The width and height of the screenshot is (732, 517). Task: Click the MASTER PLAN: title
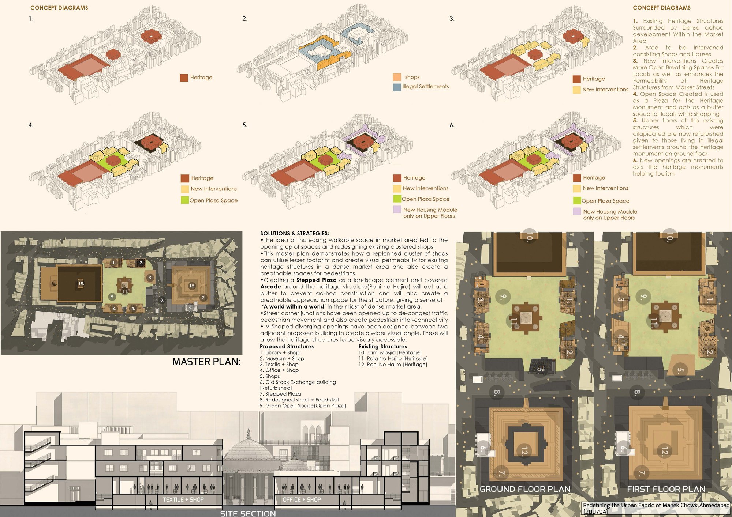(206, 362)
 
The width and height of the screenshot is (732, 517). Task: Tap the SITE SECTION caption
(248, 513)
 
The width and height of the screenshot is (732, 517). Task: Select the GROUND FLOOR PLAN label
(525, 489)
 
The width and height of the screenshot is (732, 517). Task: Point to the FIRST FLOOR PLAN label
(666, 489)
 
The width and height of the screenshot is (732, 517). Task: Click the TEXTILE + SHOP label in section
(183, 499)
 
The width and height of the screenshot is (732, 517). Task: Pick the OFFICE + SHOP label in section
(302, 499)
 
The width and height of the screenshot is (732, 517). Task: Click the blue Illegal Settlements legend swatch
(397, 87)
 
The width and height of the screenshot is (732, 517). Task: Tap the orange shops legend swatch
(397, 77)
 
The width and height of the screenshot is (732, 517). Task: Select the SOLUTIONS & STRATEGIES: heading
(295, 233)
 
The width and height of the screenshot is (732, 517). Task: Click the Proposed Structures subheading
(287, 346)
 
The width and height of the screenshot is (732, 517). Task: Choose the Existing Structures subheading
(382, 346)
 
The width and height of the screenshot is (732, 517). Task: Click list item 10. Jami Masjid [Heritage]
(390, 352)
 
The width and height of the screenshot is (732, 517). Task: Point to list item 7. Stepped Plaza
(280, 394)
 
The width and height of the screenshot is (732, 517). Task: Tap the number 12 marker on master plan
(192, 286)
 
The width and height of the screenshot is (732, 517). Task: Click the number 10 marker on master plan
(81, 283)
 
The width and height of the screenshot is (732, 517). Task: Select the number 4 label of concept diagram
(31, 125)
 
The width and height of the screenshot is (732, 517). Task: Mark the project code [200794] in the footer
(595, 512)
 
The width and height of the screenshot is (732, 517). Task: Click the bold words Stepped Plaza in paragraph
(316, 280)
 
